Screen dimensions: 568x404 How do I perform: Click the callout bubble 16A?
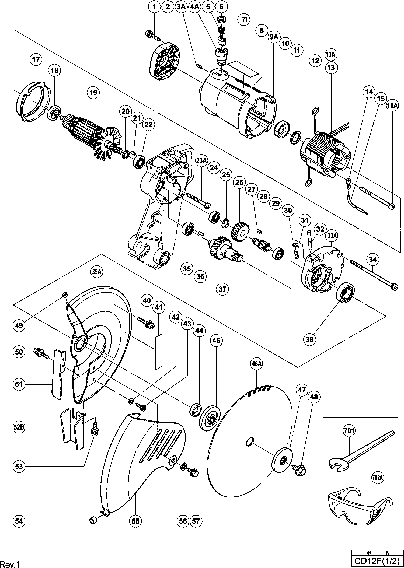click(392, 106)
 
